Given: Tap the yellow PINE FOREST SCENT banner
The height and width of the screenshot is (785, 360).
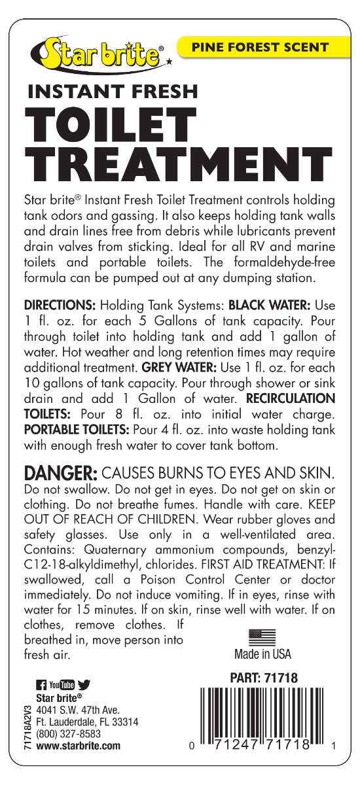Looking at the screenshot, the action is pos(259,47).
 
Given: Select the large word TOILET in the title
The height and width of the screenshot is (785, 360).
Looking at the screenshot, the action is pos(111,124).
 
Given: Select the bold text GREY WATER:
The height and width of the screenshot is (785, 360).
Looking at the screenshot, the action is pos(175,368).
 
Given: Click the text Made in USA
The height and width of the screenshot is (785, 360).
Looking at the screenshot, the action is pos(262,654).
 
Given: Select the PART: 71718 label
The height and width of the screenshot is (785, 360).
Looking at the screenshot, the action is pos(264,679).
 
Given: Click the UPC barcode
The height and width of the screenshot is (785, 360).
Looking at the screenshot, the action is pos(263,717).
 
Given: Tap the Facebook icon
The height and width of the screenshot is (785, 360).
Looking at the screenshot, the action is pos(41,686).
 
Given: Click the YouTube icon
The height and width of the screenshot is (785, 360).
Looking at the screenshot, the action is pos(62,686).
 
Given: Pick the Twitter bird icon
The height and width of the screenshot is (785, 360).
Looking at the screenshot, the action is pos(84,686).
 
